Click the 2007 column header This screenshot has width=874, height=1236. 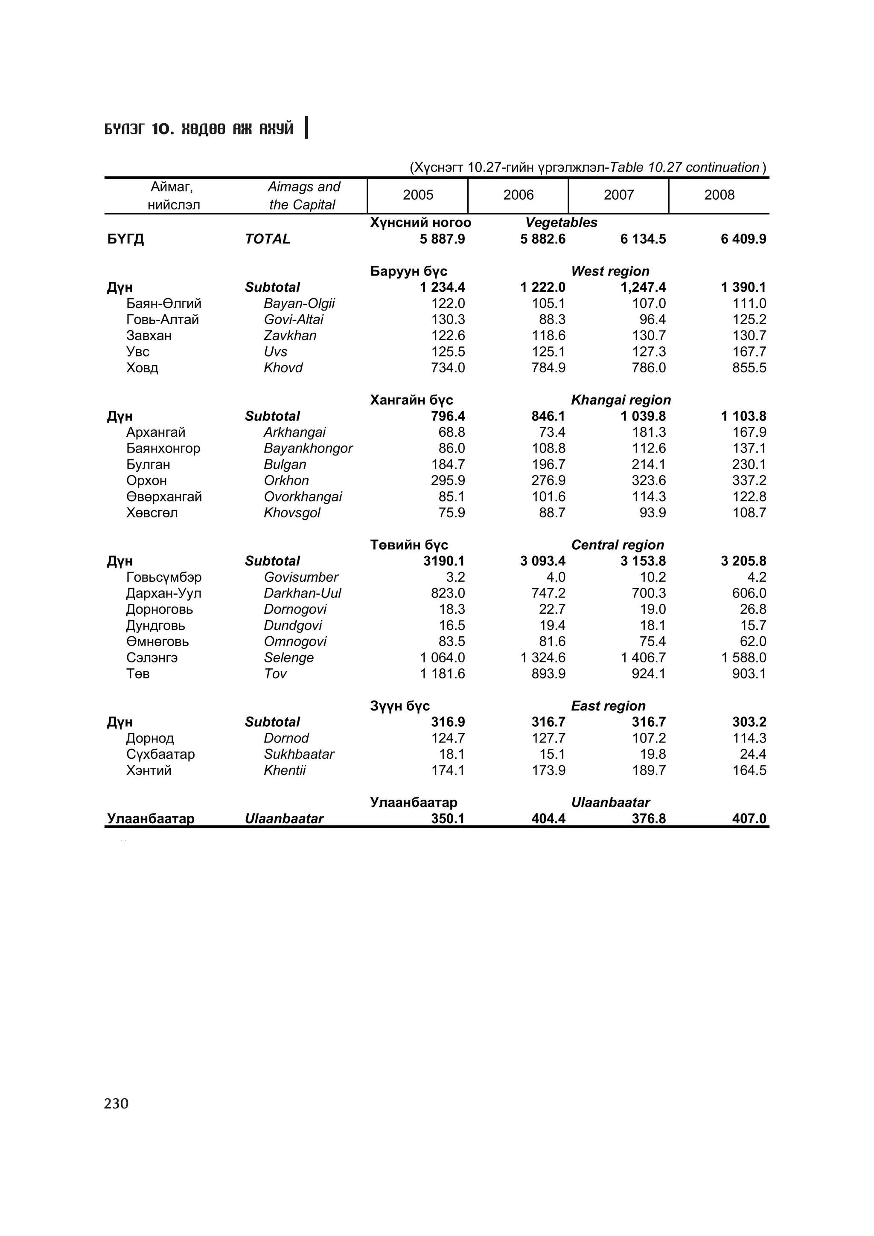(618, 195)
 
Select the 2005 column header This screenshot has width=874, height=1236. (418, 195)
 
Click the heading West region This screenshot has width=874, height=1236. (610, 271)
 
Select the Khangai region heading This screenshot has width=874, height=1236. (621, 400)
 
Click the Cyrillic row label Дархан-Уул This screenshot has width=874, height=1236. (164, 593)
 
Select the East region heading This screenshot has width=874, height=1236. (608, 706)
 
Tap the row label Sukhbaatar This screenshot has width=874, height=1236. (299, 754)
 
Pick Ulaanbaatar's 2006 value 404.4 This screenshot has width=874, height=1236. (548, 819)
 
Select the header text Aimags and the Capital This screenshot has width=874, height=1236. (303, 196)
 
